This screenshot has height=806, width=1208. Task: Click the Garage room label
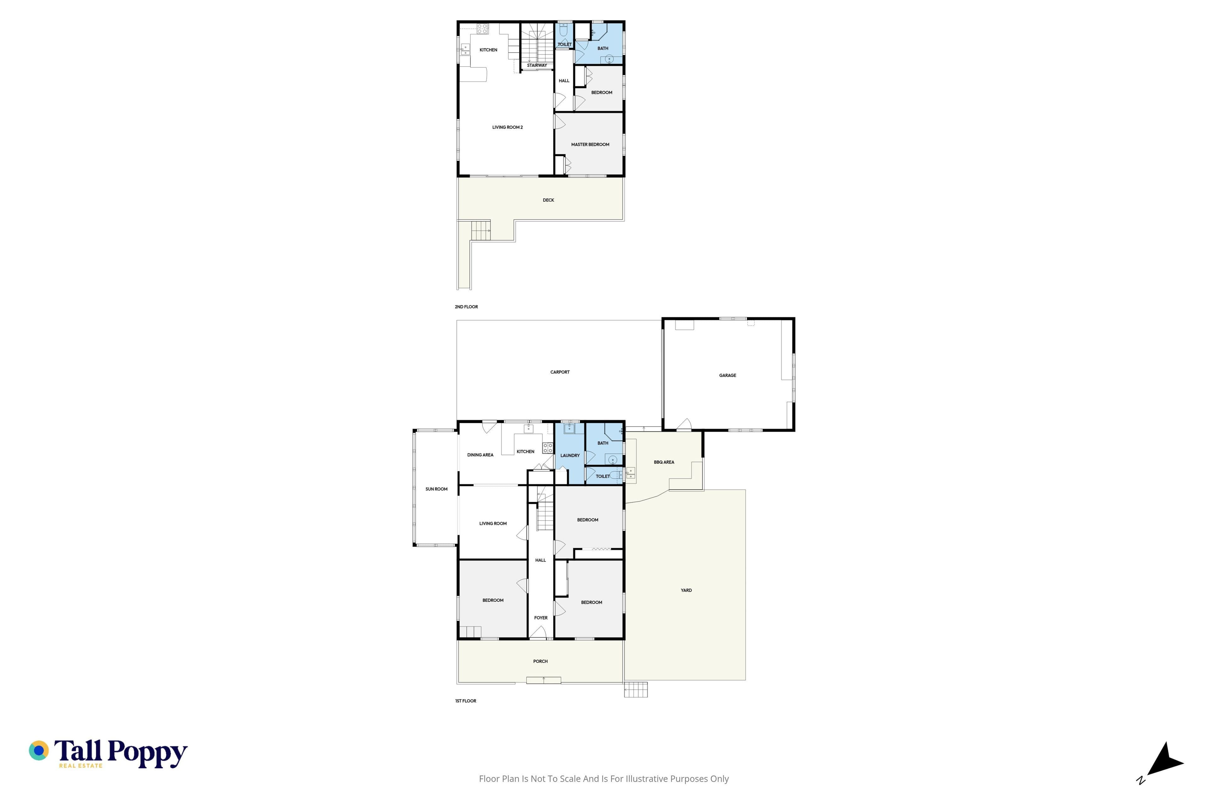pyautogui.click(x=727, y=375)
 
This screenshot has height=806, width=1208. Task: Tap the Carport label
pyautogui.click(x=560, y=372)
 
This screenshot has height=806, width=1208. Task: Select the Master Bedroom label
pyautogui.click(x=590, y=145)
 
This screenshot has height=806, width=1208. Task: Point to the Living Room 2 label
pyautogui.click(x=507, y=127)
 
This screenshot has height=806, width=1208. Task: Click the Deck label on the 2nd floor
pyautogui.click(x=549, y=200)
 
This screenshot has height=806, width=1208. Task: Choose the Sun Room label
pyautogui.click(x=437, y=489)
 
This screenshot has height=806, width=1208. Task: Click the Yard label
pyautogui.click(x=686, y=590)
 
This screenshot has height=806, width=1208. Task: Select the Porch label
pyautogui.click(x=540, y=661)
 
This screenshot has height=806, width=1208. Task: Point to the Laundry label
pyautogui.click(x=570, y=456)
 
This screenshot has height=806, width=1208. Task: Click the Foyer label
pyautogui.click(x=541, y=618)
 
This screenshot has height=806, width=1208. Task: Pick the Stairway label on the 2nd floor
pyautogui.click(x=537, y=65)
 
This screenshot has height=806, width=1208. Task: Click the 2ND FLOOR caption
pyautogui.click(x=466, y=307)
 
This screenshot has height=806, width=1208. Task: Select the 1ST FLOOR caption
pyautogui.click(x=466, y=701)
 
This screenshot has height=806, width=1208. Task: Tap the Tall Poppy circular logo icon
pyautogui.click(x=38, y=751)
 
